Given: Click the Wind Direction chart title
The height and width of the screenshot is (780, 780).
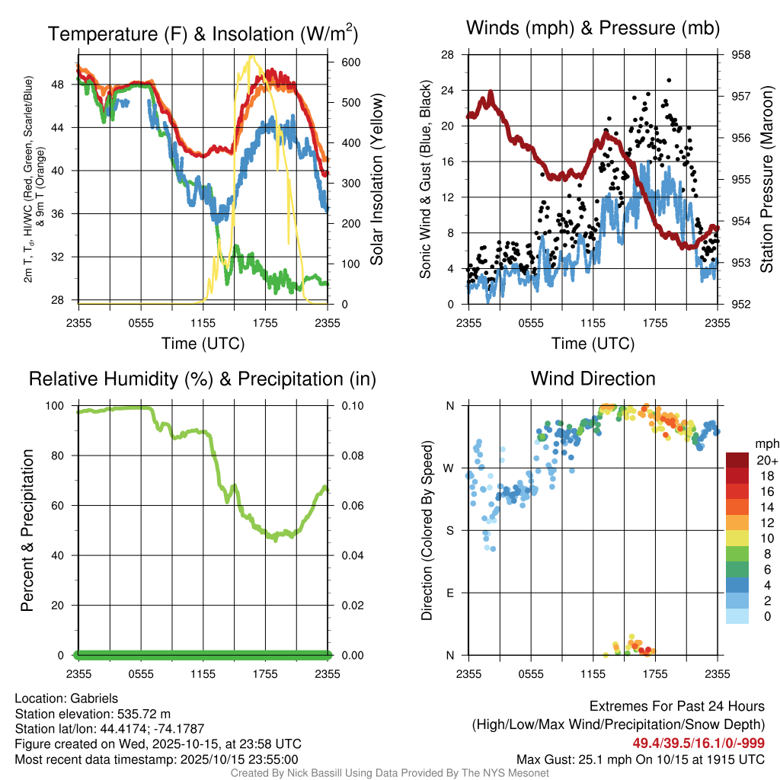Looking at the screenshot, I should pos(593,379).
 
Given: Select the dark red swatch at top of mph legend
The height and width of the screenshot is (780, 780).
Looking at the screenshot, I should pos(737,460).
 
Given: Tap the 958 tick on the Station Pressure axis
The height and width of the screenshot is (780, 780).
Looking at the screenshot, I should pos(740,55).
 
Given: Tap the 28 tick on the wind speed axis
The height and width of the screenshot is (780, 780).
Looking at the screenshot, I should pos(448,55).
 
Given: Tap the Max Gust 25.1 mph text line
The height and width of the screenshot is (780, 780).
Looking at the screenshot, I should pos(640,759).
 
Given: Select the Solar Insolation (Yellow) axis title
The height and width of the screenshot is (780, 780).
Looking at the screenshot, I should pos(376,180).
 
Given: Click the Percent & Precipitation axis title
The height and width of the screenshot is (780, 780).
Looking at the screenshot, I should pos(27,530).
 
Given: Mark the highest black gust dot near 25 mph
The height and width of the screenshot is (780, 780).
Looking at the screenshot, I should pos(669,80).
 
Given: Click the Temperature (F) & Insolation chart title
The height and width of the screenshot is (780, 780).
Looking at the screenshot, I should pos(203,34).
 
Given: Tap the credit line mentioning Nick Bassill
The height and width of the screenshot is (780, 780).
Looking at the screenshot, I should pos(389,773).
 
